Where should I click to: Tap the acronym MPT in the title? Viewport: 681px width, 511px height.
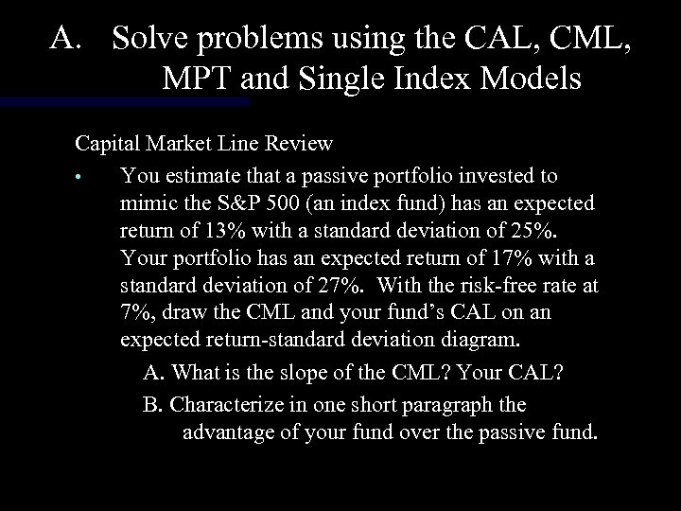coord(191,79)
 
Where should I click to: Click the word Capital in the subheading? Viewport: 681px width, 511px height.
coord(105,144)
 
